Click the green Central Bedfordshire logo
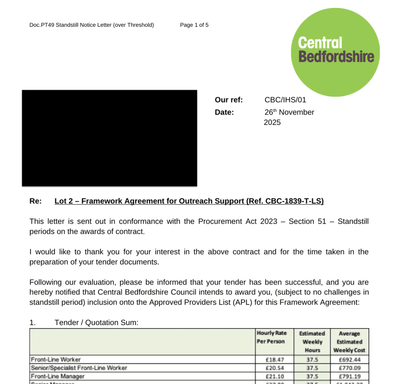(335, 52)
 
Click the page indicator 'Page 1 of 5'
(194, 25)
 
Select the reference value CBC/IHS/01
(285, 100)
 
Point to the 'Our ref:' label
(229, 100)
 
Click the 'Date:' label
(224, 112)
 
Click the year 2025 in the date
(272, 122)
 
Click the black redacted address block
(109, 138)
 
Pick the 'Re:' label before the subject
(36, 201)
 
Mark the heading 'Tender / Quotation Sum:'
(97, 323)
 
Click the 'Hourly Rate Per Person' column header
(272, 337)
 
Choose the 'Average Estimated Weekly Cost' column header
(349, 342)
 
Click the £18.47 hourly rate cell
(274, 359)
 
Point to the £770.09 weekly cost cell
(349, 368)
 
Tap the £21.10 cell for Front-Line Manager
(274, 376)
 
